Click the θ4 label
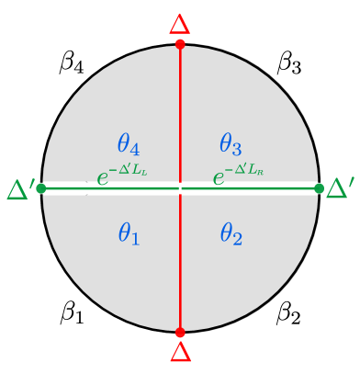pos(129,144)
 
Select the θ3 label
pos(231,144)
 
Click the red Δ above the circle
pos(180,23)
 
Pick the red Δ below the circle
pos(180,353)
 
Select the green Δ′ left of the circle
pos(19,189)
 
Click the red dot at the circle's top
pos(180,43)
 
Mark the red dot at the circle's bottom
pos(180,332)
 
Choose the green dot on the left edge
pos(41,188)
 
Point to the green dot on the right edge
pos(319,188)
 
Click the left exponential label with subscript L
pos(122,176)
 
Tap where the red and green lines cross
pos(180,188)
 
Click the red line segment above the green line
pos(180,110)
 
